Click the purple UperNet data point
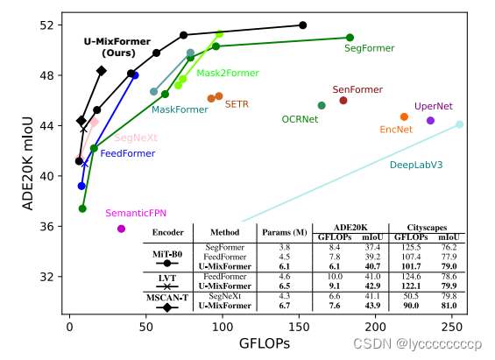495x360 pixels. (430, 120)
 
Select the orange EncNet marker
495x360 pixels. (404, 116)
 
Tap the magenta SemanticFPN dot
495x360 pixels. (121, 229)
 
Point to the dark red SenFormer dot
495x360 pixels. (343, 101)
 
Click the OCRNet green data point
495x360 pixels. (322, 105)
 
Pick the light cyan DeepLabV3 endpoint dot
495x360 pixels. (460, 124)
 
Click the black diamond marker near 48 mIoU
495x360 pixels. (102, 71)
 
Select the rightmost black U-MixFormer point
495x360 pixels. (303, 25)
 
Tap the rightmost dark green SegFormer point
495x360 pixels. (350, 38)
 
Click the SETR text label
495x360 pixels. (237, 104)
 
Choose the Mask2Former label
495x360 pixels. (228, 74)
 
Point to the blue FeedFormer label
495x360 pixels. (128, 153)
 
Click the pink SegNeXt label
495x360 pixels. (136, 138)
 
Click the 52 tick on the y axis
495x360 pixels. (46, 25)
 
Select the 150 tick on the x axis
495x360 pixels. (300, 327)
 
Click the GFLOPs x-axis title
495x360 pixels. (265, 343)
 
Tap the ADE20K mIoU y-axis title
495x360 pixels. (28, 164)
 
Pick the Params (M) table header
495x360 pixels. (285, 232)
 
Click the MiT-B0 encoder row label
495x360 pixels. (167, 254)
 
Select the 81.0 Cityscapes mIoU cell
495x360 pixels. (449, 306)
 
